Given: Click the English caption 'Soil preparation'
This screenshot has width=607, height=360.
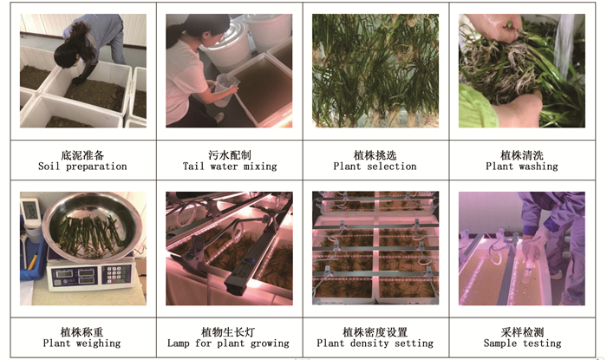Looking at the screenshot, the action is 82,167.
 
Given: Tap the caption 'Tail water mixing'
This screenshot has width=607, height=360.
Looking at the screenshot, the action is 230,167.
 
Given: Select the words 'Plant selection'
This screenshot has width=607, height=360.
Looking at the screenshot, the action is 375,167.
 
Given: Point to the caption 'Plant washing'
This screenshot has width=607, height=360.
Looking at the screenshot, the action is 522,167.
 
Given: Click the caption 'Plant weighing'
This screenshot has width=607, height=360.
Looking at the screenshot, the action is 82,344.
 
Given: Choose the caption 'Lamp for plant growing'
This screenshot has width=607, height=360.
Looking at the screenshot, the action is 228,344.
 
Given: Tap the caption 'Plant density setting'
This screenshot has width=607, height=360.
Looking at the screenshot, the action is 375,344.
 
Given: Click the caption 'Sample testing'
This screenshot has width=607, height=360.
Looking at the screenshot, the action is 522,344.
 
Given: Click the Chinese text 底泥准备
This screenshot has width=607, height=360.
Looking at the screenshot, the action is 82,155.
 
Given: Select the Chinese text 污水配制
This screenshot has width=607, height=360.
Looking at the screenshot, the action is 230,155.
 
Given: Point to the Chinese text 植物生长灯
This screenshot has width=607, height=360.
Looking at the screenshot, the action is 228,332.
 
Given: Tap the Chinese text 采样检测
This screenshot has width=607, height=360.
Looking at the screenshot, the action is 522,332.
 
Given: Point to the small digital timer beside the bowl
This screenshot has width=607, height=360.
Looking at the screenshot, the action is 30,210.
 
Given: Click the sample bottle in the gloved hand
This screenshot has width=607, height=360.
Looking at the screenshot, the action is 527,271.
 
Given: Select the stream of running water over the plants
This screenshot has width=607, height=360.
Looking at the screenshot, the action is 564,47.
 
